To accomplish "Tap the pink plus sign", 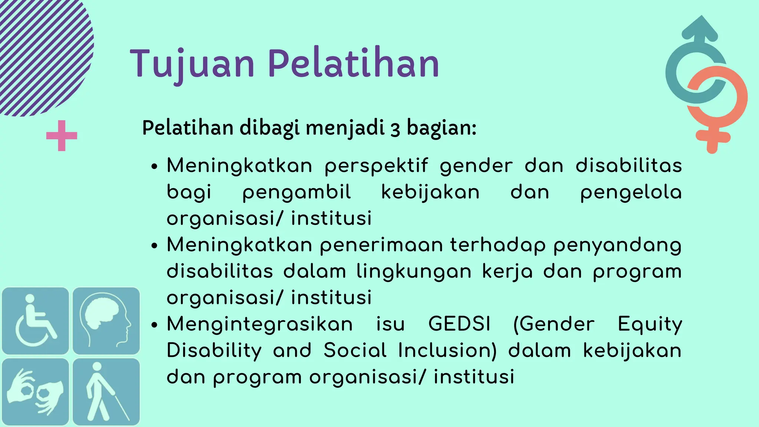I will coord(62,136).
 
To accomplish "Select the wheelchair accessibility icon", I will coord(35,321).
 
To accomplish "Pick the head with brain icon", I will coord(106,321).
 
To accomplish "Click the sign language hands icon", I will coord(35,391).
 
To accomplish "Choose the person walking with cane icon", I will coord(106,391).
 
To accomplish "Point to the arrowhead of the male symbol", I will coord(700,28).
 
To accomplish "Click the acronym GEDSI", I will coord(459,324).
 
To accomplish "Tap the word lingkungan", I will coord(414,272).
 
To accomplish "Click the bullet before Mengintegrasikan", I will coord(155,325).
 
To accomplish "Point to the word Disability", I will coord(214,351).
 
